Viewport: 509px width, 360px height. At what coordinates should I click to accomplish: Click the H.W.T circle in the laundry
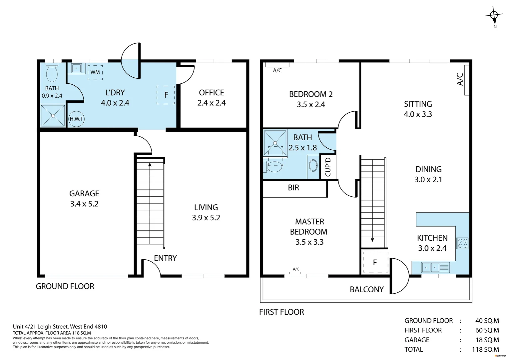76,119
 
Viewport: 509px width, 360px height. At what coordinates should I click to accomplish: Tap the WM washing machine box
95,72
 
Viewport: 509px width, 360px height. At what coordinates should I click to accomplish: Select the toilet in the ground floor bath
52,73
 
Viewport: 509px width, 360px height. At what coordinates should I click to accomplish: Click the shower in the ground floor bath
53,116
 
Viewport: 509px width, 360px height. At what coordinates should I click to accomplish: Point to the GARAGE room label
84,193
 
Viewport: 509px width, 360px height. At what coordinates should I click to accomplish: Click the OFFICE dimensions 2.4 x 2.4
212,103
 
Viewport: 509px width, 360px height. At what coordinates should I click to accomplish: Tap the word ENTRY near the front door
165,258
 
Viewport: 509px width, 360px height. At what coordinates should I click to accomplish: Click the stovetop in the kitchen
462,243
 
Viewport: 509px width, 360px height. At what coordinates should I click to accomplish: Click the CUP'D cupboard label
328,167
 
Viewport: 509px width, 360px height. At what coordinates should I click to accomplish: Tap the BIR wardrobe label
293,188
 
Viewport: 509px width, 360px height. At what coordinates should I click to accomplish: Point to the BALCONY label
366,289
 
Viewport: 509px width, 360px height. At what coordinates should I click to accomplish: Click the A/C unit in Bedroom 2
277,65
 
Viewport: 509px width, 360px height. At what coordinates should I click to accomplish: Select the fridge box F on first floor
375,262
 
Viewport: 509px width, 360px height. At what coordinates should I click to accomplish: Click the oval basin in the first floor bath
313,165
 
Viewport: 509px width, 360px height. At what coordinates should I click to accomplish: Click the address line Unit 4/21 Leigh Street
60,327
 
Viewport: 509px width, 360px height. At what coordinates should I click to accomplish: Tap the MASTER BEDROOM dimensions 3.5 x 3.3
309,242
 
